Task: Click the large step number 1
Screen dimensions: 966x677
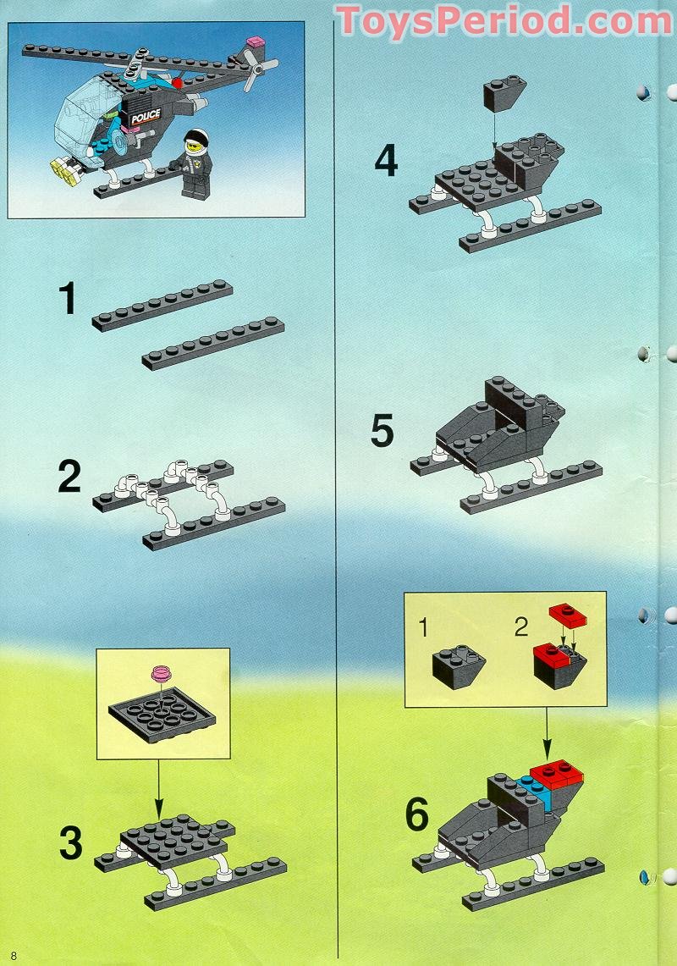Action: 67,299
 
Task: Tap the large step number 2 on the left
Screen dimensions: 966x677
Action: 69,478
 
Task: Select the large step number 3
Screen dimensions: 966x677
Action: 71,843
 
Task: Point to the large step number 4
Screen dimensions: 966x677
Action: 386,161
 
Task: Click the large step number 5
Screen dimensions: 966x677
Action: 383,432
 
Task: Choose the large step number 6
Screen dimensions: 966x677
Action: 417,814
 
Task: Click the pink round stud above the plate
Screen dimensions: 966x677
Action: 161,674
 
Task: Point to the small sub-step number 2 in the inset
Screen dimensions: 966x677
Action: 520,627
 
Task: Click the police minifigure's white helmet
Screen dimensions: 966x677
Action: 197,138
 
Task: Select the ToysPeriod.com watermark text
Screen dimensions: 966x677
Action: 504,19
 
